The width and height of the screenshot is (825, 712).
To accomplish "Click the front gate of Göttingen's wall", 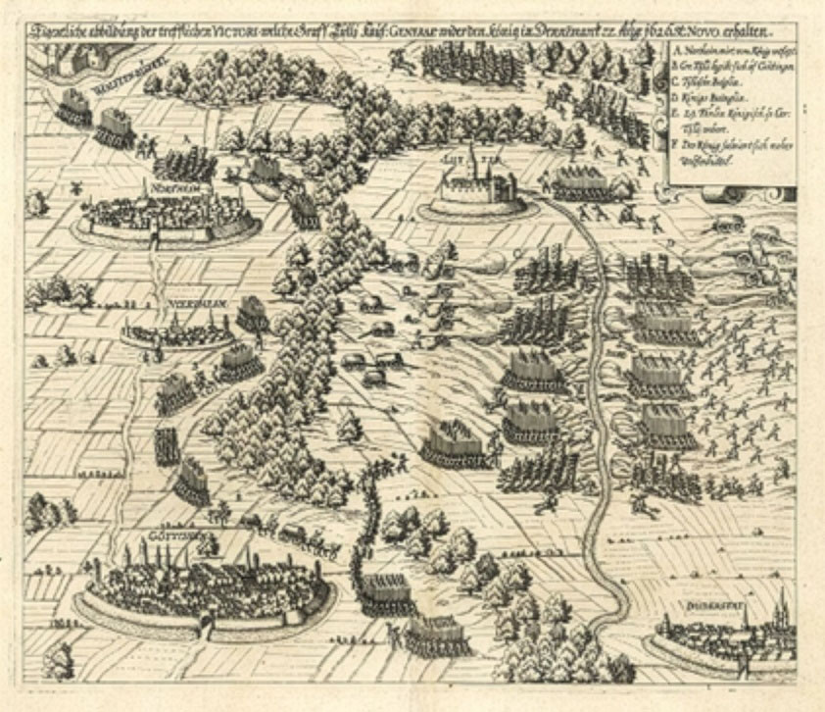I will [207, 620].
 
